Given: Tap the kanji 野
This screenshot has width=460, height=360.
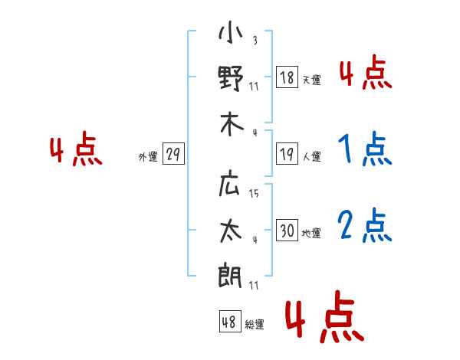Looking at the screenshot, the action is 231,78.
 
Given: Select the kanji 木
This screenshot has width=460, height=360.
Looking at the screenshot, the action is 232,124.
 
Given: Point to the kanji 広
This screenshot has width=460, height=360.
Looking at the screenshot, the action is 230,185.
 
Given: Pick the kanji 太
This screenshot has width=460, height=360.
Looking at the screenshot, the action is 232,231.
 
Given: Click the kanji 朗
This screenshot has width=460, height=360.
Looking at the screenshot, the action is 230,275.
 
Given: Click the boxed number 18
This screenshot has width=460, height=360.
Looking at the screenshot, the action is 287,77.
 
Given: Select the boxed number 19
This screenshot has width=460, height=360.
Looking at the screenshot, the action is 287,153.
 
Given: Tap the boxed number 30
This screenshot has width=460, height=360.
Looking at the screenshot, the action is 287,230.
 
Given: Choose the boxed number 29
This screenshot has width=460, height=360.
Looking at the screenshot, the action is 173,153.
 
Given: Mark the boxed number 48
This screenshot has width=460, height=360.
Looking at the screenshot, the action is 230,321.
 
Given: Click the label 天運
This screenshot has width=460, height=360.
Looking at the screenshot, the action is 312,80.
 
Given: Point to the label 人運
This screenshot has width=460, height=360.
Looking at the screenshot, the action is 312,156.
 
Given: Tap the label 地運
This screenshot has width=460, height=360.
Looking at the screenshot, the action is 311,233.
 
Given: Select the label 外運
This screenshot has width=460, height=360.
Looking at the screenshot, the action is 148,156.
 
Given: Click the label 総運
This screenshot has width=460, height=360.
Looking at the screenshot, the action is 255,324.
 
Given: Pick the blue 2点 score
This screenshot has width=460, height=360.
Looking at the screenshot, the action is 365,226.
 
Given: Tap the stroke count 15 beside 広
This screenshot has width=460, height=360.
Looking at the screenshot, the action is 254,193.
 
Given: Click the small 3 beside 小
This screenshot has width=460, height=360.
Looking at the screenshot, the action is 255,40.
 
